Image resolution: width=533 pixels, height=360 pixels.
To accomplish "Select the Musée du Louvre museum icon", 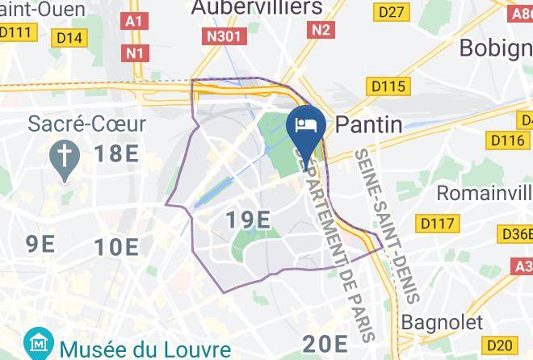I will click(36, 345).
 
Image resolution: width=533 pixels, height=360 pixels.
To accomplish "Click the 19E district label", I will click(247, 219).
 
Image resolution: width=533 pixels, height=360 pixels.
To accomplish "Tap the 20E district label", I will click(325, 345).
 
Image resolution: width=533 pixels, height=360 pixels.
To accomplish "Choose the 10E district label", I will click(115, 246).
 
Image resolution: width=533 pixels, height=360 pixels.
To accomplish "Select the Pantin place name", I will click(368, 123).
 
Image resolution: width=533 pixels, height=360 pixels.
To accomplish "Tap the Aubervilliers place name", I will click(256, 8).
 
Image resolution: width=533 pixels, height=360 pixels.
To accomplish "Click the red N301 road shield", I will click(224, 37).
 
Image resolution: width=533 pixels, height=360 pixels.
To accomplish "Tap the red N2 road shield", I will click(322, 29).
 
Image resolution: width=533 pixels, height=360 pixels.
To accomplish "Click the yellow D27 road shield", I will click(392, 11).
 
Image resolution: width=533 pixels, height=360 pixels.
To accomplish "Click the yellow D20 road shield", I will click(502, 345).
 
